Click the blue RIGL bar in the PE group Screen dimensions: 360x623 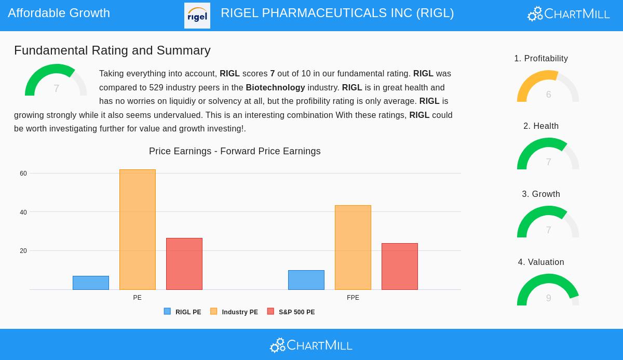click(91, 283)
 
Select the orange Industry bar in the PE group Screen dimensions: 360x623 click(138, 230)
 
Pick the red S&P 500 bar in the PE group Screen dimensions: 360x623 click(184, 264)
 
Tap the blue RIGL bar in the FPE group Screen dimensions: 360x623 click(306, 280)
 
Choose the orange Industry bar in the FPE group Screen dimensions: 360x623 click(353, 247)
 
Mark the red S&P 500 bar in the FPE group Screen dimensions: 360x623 click(400, 266)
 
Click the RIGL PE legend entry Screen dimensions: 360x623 click(183, 312)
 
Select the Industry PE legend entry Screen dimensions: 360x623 click(234, 312)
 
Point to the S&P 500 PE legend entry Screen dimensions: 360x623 click(291, 312)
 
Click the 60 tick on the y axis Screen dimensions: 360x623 click(23, 174)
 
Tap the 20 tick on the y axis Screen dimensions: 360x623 click(23, 251)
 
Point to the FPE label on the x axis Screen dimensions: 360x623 click(353, 298)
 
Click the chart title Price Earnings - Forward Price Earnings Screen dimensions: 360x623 click(235, 151)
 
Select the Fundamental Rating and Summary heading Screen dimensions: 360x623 click(112, 50)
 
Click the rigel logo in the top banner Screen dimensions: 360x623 click(197, 16)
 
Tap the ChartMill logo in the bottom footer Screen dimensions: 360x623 click(311, 345)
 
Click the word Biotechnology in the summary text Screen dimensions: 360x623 click(275, 88)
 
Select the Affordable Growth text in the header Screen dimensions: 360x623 click(59, 13)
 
